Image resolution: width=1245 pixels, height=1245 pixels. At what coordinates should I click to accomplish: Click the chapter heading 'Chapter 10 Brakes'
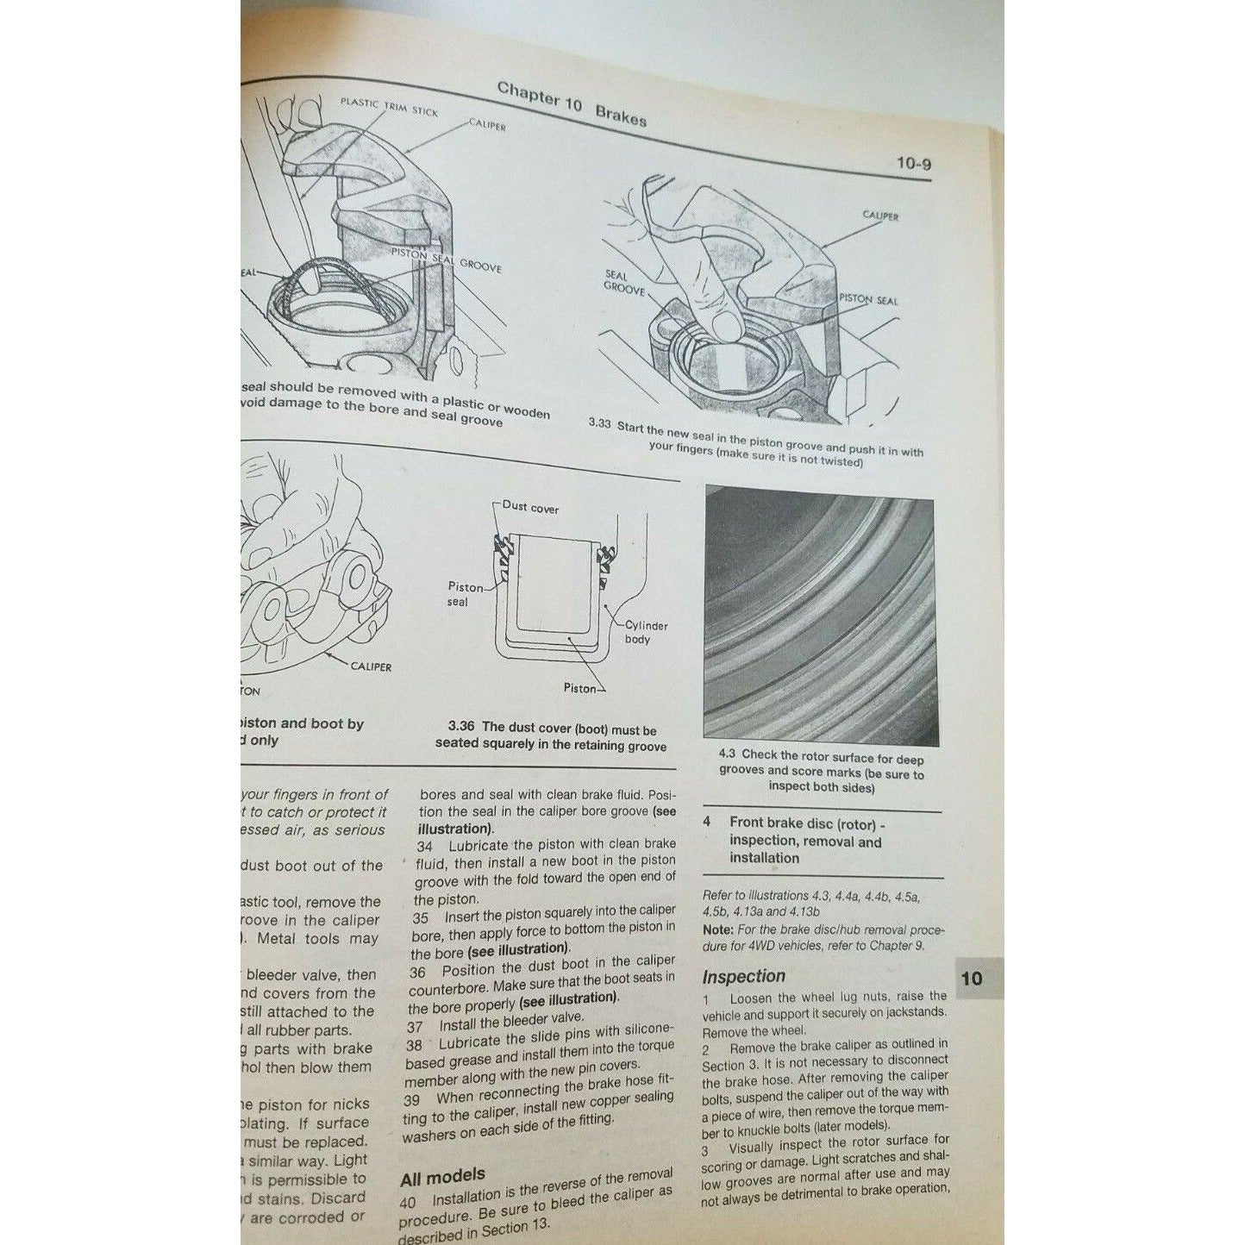(x=571, y=103)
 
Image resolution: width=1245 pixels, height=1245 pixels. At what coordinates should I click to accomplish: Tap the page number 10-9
(x=913, y=163)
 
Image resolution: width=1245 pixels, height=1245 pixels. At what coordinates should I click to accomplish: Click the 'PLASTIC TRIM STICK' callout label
(x=389, y=106)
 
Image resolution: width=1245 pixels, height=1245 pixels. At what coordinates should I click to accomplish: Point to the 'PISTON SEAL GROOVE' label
(x=446, y=260)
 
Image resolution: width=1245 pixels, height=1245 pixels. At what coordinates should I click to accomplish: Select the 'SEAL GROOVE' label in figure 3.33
(x=624, y=281)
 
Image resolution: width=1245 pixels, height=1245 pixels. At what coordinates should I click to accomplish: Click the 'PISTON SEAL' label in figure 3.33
(x=868, y=300)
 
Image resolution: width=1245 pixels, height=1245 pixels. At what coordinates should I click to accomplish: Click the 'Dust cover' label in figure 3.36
(x=530, y=508)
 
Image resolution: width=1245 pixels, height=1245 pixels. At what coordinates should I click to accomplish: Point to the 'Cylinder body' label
(x=646, y=632)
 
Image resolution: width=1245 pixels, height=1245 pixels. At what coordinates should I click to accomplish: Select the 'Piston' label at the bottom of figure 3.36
(x=580, y=688)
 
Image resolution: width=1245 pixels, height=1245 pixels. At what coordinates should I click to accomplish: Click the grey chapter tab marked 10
(x=972, y=979)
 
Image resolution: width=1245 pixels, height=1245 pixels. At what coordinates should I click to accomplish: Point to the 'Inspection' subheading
(x=743, y=977)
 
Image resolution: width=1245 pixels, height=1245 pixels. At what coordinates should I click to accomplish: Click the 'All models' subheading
(x=442, y=1177)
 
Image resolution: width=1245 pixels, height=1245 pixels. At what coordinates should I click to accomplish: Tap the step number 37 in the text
(x=416, y=1027)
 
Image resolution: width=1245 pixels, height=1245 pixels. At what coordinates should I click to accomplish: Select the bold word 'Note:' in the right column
(x=717, y=929)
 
